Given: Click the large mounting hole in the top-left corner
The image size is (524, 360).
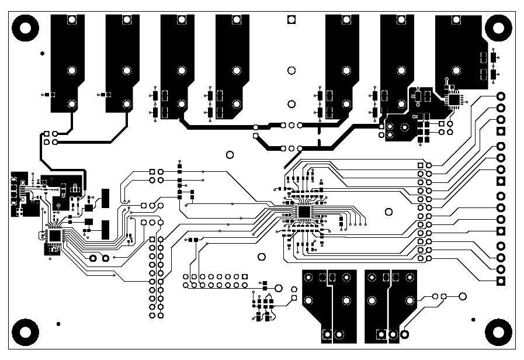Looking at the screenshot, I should click(x=25, y=27).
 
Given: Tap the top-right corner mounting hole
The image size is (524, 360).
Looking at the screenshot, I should click(x=498, y=27).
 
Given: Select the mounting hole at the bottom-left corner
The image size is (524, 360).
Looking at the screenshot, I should click(x=25, y=333).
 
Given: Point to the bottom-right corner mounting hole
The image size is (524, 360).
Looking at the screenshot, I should click(x=498, y=333).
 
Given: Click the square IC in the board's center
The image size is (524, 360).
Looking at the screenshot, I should click(x=304, y=212).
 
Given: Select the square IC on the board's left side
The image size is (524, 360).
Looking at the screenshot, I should click(x=55, y=236).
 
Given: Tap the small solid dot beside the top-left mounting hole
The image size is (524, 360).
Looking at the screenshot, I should click(x=42, y=54).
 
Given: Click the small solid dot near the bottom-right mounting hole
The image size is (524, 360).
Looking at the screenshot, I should click(x=473, y=320).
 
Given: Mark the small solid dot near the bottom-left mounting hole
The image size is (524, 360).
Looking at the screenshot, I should click(x=58, y=323).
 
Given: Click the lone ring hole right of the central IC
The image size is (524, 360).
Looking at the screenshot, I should click(x=388, y=211).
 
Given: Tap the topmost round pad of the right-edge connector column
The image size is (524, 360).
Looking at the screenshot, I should click(x=501, y=96).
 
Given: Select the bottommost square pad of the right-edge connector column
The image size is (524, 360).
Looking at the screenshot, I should click(x=501, y=282).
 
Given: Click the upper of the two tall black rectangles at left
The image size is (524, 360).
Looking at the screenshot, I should click(x=106, y=198).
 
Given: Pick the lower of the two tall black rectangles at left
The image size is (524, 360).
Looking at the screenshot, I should click(x=106, y=230).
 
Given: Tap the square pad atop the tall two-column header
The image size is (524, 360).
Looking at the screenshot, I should click(x=152, y=240).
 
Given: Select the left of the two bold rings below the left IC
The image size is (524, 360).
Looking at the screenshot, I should click(x=92, y=258).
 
